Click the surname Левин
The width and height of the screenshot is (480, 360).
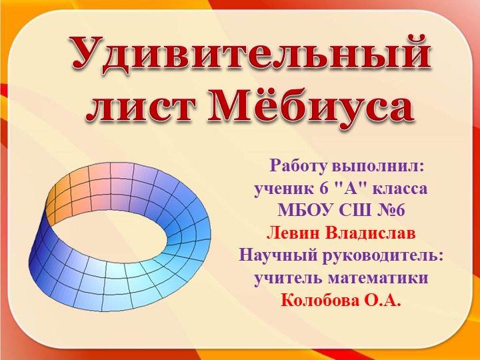pos(293,233)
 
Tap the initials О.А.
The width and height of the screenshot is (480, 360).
pos(382,301)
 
